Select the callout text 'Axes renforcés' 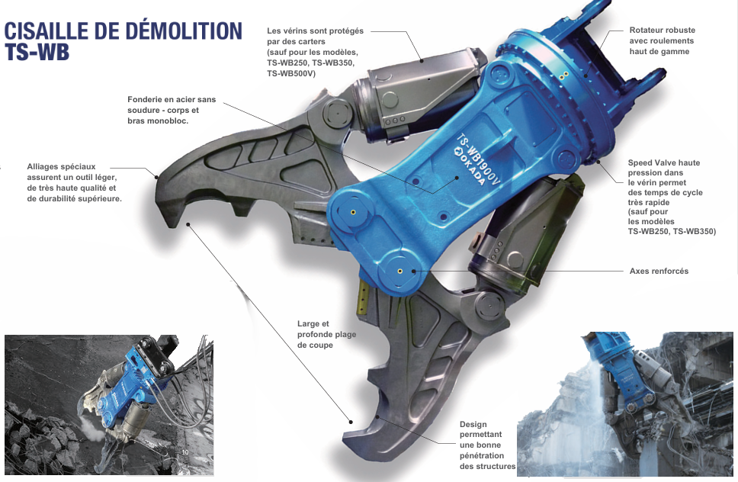click(x=659, y=271)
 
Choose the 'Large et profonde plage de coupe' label click(x=326, y=334)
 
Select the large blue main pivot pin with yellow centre click(x=399, y=270)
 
